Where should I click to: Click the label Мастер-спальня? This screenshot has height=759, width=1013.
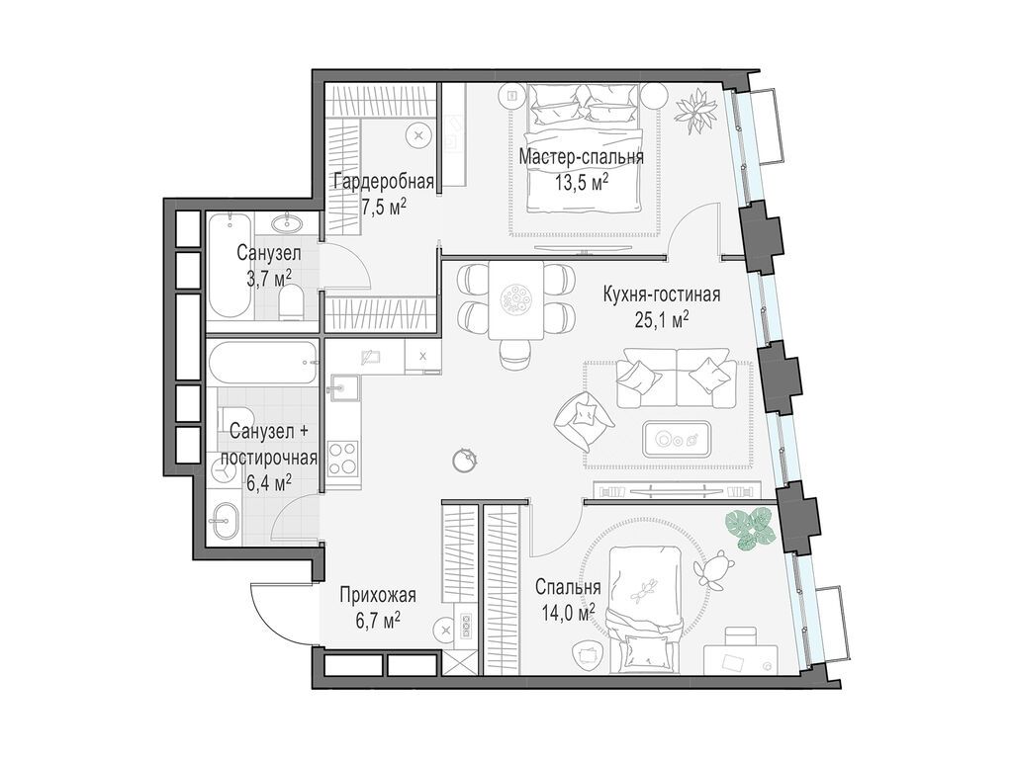(581, 157)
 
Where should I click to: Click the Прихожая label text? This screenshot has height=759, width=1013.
(376, 595)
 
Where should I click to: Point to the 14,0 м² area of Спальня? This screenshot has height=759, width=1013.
(568, 611)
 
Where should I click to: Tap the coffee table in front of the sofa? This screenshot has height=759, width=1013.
(676, 435)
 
